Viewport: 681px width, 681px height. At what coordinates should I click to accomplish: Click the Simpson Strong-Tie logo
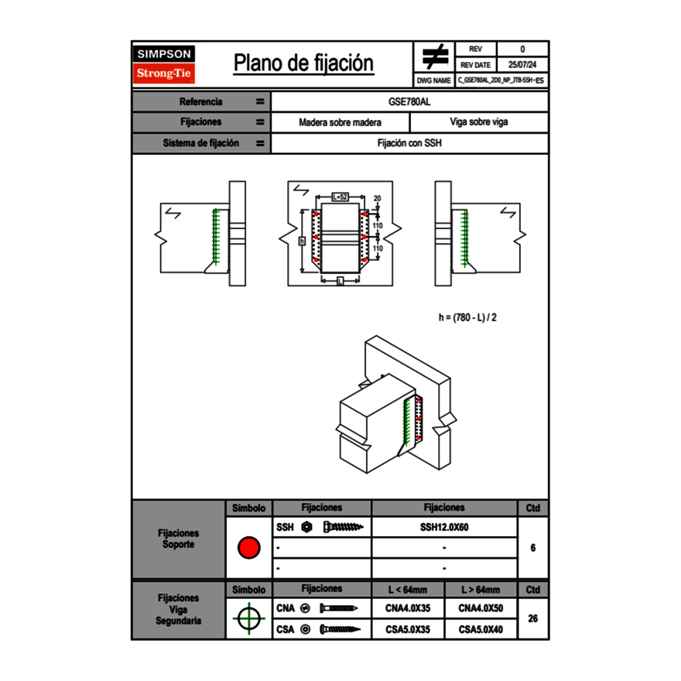point(165,64)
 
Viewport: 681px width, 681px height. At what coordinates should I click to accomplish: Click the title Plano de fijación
point(303,63)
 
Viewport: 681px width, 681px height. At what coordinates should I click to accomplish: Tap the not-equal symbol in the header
point(434,56)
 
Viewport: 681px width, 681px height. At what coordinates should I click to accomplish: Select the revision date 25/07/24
point(522,65)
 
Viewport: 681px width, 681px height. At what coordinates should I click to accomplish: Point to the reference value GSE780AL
point(409,101)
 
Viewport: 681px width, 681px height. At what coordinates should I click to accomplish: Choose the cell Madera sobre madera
point(340,122)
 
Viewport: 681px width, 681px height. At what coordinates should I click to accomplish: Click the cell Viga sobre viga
point(478,122)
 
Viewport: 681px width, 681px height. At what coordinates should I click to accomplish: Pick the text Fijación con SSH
point(409,143)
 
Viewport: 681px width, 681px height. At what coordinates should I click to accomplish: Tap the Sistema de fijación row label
point(201,143)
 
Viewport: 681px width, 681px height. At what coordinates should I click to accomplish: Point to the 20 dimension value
point(378,198)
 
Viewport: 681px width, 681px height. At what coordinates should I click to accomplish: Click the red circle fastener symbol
point(248,548)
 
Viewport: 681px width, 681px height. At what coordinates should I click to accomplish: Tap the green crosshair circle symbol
point(248,618)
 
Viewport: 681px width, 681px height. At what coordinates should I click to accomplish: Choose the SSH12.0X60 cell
point(444,528)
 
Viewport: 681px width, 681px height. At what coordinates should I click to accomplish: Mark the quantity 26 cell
point(532,618)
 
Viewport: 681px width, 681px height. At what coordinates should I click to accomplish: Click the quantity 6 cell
point(532,548)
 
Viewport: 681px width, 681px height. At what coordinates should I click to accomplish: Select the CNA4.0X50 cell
point(481,608)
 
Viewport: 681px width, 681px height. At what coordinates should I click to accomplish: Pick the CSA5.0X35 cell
point(408,629)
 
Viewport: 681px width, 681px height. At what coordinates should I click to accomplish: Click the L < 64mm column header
point(408,590)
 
